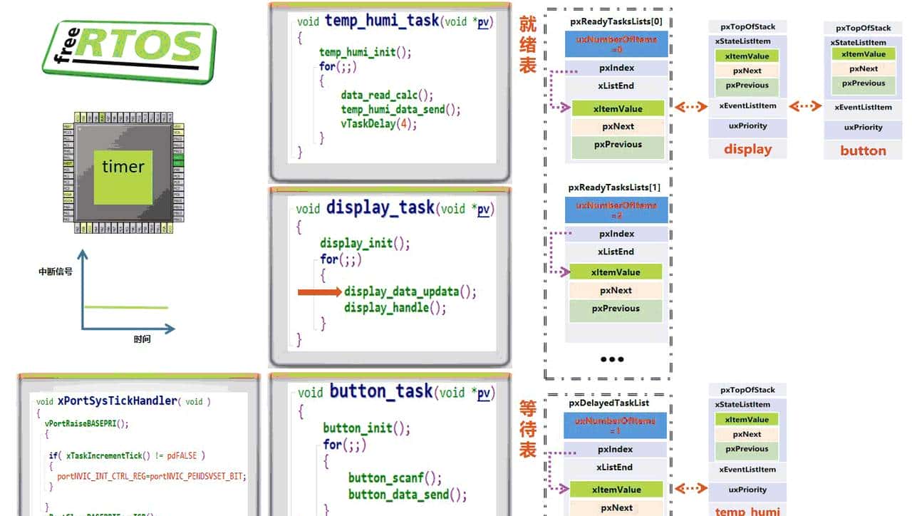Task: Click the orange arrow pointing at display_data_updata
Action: [319, 291]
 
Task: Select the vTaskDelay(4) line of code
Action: [378, 123]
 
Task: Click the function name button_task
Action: [380, 391]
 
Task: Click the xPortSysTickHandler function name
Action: [117, 401]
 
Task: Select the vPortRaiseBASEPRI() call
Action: [86, 423]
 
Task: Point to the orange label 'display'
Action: [747, 149]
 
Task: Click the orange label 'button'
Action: [863, 150]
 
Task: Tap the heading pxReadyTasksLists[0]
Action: [616, 21]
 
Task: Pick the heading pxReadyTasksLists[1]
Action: [614, 187]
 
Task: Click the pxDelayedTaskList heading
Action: [608, 403]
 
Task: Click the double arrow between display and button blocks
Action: [805, 106]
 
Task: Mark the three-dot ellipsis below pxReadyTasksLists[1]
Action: [612, 359]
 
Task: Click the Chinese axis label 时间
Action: [142, 339]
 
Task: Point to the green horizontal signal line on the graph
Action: [126, 307]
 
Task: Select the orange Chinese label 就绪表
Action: [527, 43]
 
